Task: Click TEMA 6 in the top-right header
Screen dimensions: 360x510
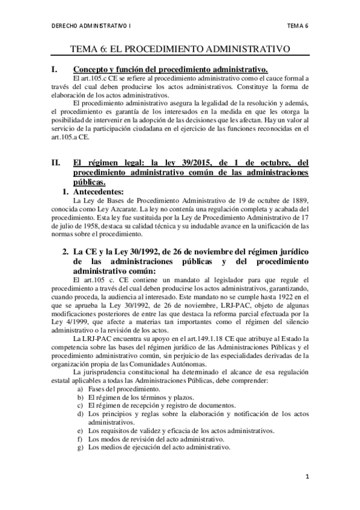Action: (297, 26)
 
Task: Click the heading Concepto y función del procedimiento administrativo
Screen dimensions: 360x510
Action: (170, 70)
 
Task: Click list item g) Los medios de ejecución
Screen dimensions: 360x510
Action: (154, 447)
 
